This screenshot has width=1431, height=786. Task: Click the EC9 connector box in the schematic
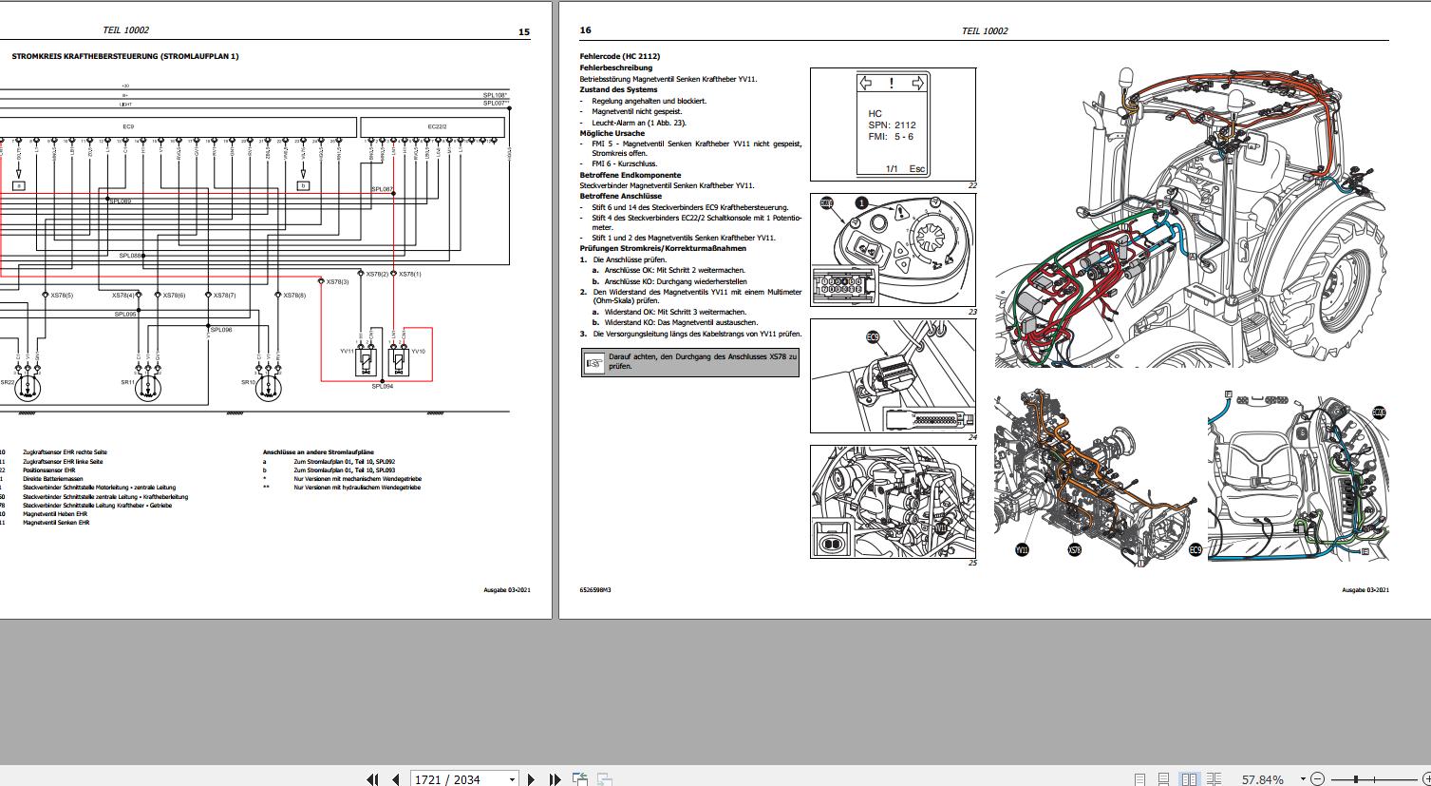pos(128,125)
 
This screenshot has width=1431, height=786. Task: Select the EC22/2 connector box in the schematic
pos(436,125)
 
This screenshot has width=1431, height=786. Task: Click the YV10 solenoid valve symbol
pos(399,360)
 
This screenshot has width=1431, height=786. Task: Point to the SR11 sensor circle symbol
pos(146,387)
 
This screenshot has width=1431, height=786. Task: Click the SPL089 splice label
pos(121,201)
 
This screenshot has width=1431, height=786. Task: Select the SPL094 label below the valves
pos(383,387)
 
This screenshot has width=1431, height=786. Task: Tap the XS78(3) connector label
pos(337,282)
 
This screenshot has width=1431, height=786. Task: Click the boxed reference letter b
pos(304,185)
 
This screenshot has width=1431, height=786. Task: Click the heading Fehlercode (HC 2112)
pos(619,57)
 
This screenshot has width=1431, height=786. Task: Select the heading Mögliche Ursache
pos(612,133)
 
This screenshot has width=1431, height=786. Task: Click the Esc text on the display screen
pos(916,169)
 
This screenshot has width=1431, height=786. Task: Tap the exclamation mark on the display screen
pos(891,84)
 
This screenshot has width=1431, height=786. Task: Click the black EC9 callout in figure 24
pos(873,336)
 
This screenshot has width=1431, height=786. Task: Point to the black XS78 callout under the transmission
pos(1074,549)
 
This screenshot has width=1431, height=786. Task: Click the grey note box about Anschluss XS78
pos(689,362)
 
